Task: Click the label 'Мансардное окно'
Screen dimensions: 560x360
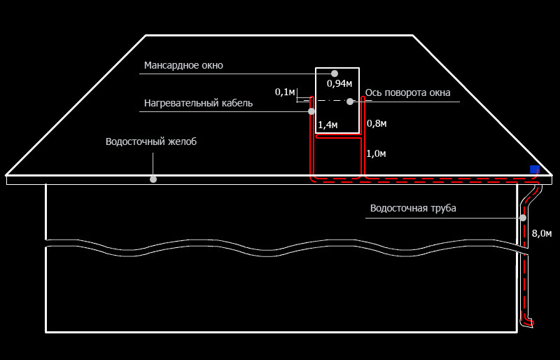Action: point(183,65)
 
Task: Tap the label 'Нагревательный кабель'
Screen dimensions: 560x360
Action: point(198,104)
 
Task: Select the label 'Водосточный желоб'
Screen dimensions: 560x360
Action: point(151,141)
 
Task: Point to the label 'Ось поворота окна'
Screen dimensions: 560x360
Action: point(407,92)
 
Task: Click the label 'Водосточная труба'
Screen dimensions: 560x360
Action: point(413,209)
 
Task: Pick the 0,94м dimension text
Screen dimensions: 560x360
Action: point(339,83)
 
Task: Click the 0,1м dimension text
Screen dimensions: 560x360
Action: point(285,92)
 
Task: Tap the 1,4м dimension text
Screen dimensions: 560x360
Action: point(328,125)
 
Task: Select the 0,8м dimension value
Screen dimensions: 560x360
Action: point(377,124)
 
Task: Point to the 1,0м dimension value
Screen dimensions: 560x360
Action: point(376,153)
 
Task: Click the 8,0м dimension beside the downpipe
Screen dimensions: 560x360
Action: point(541,234)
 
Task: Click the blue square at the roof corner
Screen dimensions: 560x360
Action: point(535,169)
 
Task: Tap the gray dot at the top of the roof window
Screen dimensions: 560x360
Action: point(335,74)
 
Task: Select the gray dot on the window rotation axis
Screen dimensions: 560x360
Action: point(350,102)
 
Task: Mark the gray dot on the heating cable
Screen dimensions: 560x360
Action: point(311,111)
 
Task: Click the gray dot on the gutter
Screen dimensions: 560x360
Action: point(153,179)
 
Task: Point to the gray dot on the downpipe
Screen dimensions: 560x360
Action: point(523,218)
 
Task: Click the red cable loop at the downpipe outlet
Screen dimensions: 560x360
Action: point(528,322)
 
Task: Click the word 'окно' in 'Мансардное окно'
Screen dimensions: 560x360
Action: point(212,66)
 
